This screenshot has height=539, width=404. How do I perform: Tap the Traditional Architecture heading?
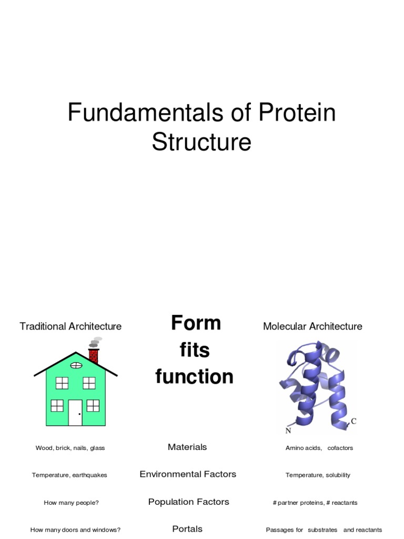[x=70, y=326]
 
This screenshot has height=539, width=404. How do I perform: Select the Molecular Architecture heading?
[x=312, y=326]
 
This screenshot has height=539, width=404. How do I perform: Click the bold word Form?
[x=196, y=323]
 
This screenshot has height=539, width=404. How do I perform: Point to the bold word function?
[x=194, y=377]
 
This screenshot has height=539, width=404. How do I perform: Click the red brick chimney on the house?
[x=94, y=356]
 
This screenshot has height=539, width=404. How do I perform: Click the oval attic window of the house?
[x=76, y=365]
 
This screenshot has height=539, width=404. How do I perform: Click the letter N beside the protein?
[x=288, y=431]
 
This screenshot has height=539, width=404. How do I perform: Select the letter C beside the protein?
[x=353, y=421]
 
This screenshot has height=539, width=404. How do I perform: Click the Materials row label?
[x=187, y=447]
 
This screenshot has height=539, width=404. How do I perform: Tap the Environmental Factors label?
[x=188, y=474]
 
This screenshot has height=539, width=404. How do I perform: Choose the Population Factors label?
[x=188, y=502]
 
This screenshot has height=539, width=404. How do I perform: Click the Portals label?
[x=187, y=528]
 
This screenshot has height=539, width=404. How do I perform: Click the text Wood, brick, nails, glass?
[x=70, y=448]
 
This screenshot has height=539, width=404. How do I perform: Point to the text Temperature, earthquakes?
[x=69, y=475]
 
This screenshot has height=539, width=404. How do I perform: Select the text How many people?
[x=71, y=503]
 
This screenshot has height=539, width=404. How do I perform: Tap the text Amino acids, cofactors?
[x=319, y=448]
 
